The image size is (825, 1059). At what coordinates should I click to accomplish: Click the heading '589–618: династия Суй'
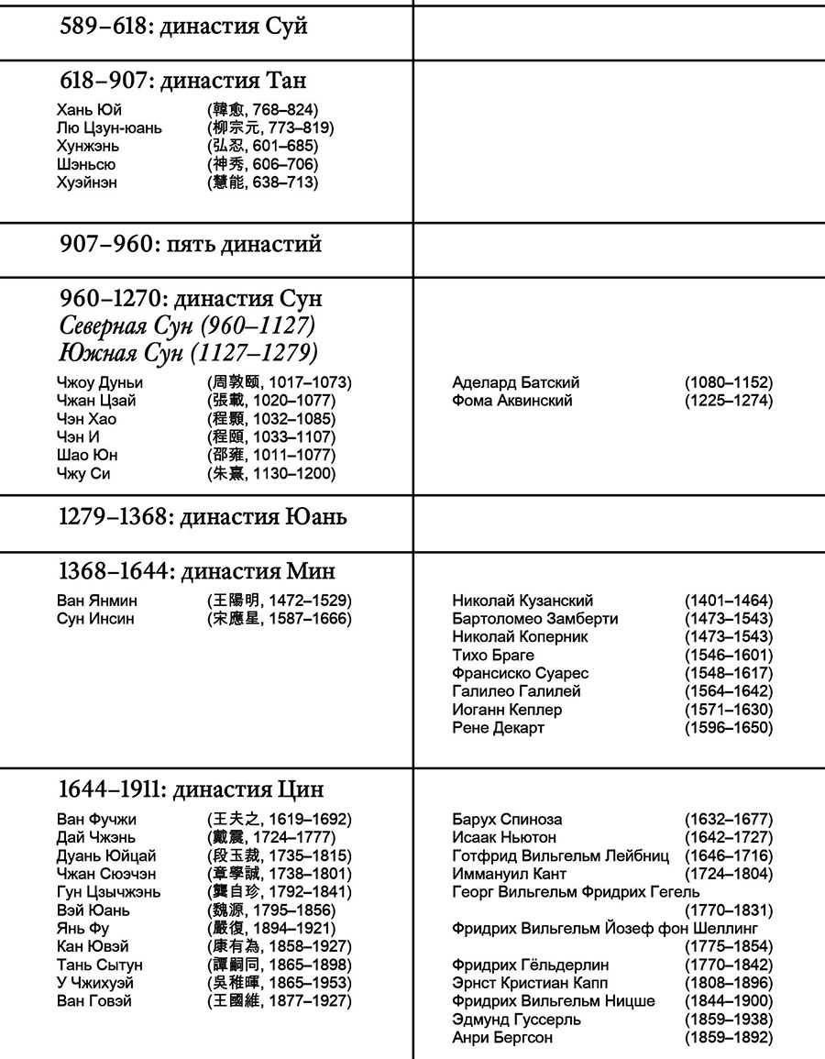point(183,27)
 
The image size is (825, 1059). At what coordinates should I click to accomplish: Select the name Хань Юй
point(89,110)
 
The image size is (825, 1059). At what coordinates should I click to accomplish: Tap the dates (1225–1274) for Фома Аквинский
point(729,401)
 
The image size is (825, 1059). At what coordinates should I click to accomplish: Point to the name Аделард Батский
point(516,382)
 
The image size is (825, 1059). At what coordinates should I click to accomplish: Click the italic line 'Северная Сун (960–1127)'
point(188,326)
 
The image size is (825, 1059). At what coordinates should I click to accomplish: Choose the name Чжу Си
point(83,473)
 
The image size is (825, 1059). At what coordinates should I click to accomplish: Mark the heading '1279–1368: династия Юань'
point(203,517)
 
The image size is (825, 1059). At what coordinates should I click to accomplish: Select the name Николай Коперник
point(521,636)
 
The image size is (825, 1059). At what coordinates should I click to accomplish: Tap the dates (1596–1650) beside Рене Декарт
point(729,727)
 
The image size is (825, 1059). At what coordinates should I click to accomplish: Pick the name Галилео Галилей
point(516,691)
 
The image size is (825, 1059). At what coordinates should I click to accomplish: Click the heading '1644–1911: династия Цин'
point(191,789)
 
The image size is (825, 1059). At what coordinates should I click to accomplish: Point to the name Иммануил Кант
point(510,874)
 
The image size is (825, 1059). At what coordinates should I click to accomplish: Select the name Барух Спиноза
point(507,819)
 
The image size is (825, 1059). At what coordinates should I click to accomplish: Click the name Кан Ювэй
point(93,946)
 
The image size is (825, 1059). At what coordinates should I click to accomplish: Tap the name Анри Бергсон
point(502,1037)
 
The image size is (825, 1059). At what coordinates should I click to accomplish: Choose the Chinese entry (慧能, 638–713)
point(263,182)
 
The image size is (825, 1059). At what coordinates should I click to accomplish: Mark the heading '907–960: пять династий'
point(191,246)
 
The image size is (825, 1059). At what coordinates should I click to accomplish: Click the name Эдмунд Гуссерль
point(516,1019)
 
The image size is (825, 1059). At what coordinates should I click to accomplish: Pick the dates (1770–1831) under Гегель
point(729,910)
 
